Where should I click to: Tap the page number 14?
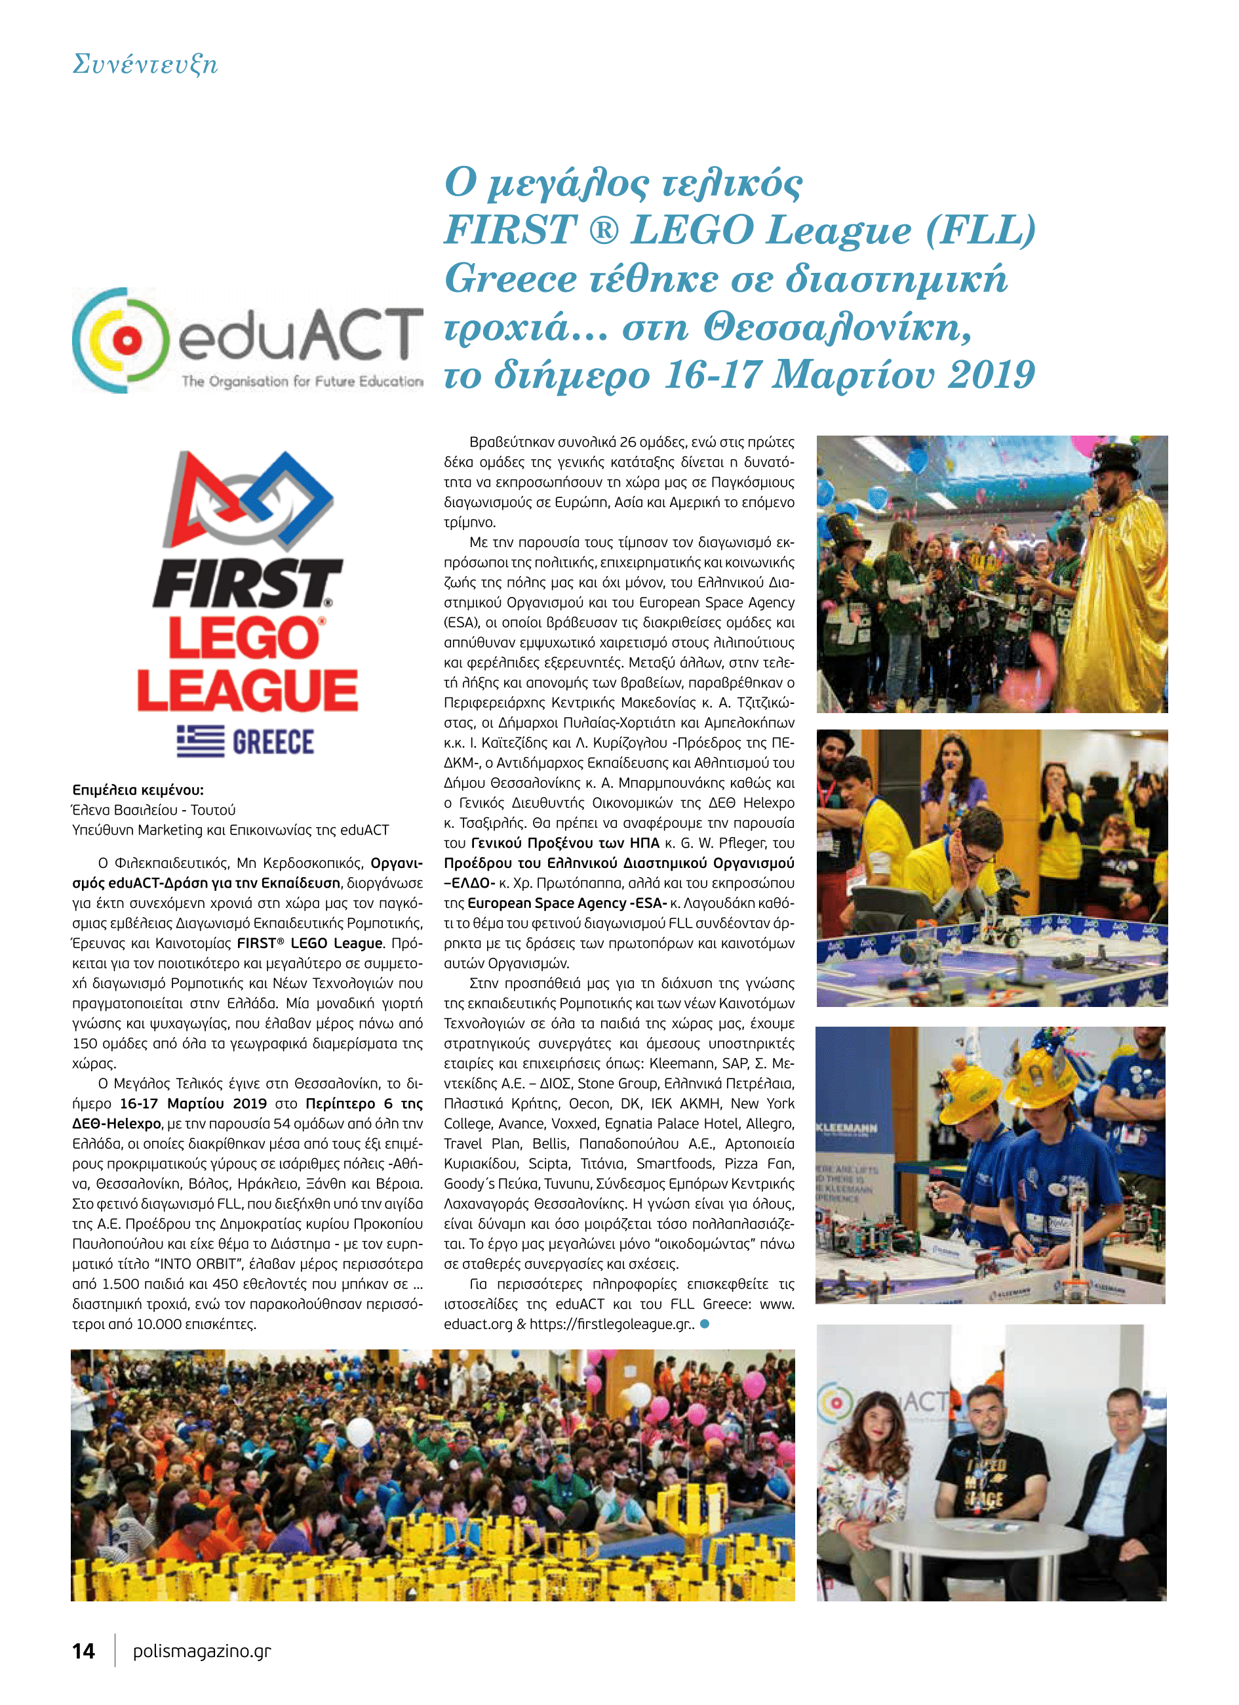click(83, 1651)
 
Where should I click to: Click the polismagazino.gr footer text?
click(201, 1651)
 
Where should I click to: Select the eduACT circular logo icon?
click(120, 340)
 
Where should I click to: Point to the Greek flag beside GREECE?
click(200, 741)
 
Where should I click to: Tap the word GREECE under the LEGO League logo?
click(273, 742)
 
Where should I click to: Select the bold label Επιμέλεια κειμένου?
click(138, 789)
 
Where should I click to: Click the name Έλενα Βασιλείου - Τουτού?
click(153, 810)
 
